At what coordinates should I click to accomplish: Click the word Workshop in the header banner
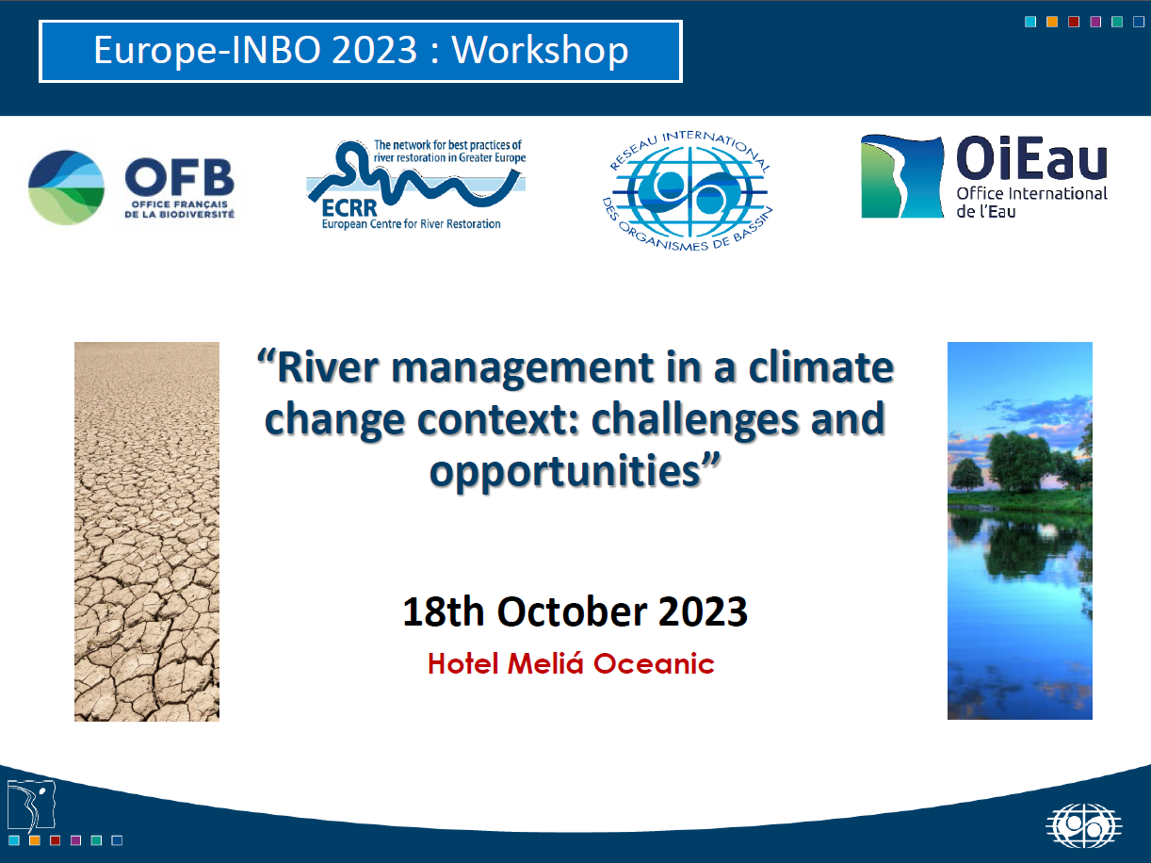pyautogui.click(x=540, y=52)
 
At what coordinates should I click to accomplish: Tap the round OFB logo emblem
pyautogui.click(x=66, y=187)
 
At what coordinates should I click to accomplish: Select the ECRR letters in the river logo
pyautogui.click(x=349, y=208)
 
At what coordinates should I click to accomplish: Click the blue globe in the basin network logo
pyautogui.click(x=689, y=192)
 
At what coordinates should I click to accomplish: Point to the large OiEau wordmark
pyautogui.click(x=1031, y=156)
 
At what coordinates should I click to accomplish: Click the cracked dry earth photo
pyautogui.click(x=147, y=531)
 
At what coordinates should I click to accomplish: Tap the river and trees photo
pyautogui.click(x=1020, y=530)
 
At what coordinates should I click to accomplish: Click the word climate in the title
pyautogui.click(x=821, y=367)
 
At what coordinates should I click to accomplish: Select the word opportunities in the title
pyautogui.click(x=565, y=471)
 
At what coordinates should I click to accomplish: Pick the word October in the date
pyautogui.click(x=572, y=611)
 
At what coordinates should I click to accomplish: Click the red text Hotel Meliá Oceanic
pyautogui.click(x=571, y=664)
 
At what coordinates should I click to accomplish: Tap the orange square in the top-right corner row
pyautogui.click(x=1052, y=22)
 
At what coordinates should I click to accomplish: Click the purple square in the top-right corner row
pyautogui.click(x=1095, y=22)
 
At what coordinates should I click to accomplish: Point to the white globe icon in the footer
pyautogui.click(x=1084, y=825)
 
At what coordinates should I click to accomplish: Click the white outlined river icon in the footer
pyautogui.click(x=31, y=805)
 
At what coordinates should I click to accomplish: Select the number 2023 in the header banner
pyautogui.click(x=375, y=51)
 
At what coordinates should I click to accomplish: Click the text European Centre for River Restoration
pyautogui.click(x=411, y=224)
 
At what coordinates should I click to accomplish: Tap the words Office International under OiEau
pyautogui.click(x=1032, y=193)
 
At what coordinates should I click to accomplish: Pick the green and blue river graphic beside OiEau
pyautogui.click(x=902, y=176)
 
